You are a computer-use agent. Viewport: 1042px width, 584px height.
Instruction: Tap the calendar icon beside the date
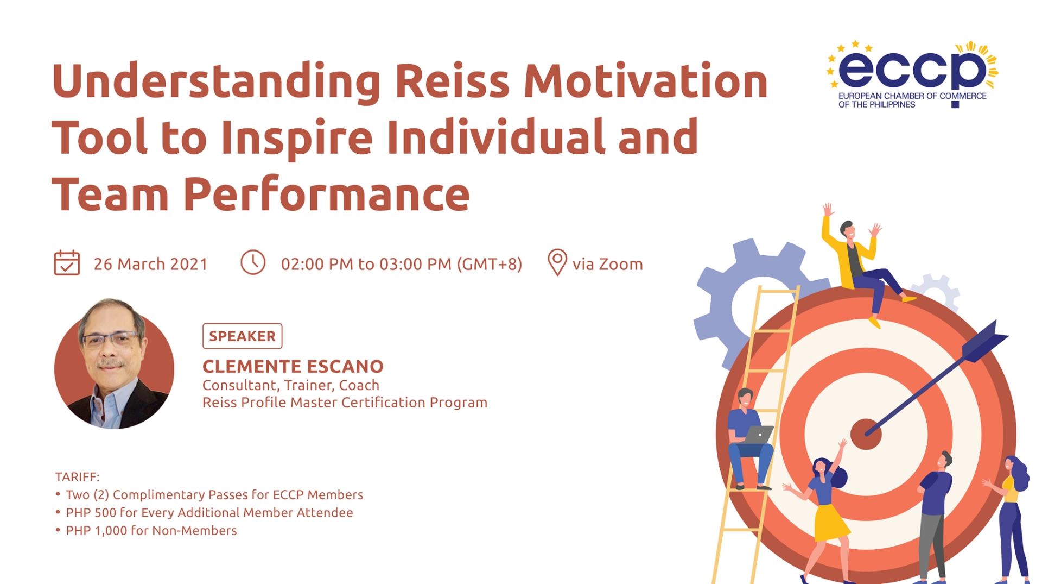(67, 263)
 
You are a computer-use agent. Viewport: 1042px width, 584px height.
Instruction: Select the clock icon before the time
(253, 262)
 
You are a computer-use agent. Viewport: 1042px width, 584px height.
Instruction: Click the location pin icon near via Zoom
(557, 262)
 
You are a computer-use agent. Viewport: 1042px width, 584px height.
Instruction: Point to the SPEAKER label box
(242, 336)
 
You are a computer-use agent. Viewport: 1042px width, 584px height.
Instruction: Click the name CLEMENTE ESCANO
(293, 367)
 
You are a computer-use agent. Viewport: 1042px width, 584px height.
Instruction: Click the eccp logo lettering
(912, 70)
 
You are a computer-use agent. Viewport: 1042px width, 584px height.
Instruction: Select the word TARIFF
(77, 477)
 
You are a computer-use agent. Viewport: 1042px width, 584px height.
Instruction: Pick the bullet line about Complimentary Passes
(214, 495)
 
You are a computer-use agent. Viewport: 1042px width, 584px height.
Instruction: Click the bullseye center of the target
(865, 434)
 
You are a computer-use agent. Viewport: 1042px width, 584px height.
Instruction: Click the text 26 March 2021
(150, 264)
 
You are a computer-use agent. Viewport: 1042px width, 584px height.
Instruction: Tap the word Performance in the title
(326, 194)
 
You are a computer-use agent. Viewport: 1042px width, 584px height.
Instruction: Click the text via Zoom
(607, 264)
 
